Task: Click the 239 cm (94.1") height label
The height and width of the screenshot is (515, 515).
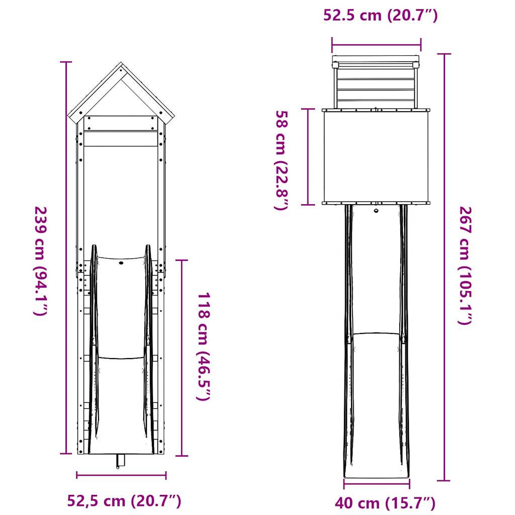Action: (40, 261)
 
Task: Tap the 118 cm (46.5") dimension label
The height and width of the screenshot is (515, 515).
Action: (203, 347)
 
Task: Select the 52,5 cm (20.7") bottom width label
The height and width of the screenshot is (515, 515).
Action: (124, 501)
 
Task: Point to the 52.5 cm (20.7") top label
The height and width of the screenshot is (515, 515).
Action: (380, 16)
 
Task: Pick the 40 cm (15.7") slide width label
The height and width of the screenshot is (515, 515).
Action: (385, 503)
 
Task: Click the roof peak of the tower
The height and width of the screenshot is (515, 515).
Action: (121, 64)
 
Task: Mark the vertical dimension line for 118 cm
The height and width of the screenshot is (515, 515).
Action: (182, 358)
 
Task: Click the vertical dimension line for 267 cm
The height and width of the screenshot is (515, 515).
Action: (444, 267)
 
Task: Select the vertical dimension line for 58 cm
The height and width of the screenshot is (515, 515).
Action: (307, 156)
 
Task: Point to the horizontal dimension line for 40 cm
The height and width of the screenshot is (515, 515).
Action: (376, 484)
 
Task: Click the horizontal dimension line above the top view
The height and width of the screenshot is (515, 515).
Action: (376, 44)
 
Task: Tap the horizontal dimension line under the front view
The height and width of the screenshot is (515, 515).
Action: (121, 474)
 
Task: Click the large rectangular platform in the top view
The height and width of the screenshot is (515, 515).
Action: (376, 156)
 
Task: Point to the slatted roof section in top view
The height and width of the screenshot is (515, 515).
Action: (376, 84)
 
